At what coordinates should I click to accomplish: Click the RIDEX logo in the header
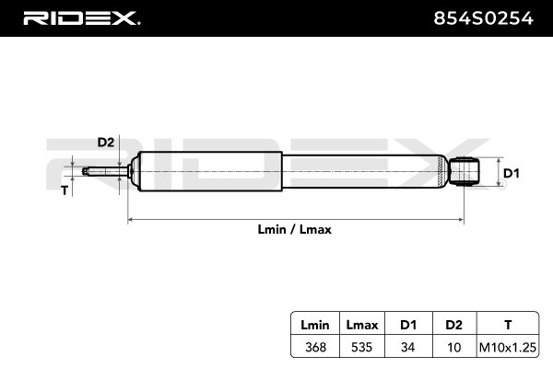pos(80,17)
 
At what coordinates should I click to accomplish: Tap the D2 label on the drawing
pos(105,142)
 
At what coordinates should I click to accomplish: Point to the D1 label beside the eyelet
pos(512,172)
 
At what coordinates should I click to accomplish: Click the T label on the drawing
pos(64,190)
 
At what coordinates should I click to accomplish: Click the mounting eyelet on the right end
pos(467,171)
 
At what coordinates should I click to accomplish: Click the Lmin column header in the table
pos(314,326)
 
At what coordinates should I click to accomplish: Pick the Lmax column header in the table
pos(361,326)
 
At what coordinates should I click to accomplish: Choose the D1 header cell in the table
pos(407,326)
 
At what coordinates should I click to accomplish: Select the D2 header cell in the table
pos(453,326)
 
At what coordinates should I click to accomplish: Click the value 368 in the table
pos(314,347)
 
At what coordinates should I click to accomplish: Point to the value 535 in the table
pos(361,347)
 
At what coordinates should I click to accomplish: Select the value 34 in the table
pos(407,347)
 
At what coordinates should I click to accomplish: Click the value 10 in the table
pos(453,347)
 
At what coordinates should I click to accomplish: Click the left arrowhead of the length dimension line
pos(131,220)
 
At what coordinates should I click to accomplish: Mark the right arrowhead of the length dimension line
pos(464,220)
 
